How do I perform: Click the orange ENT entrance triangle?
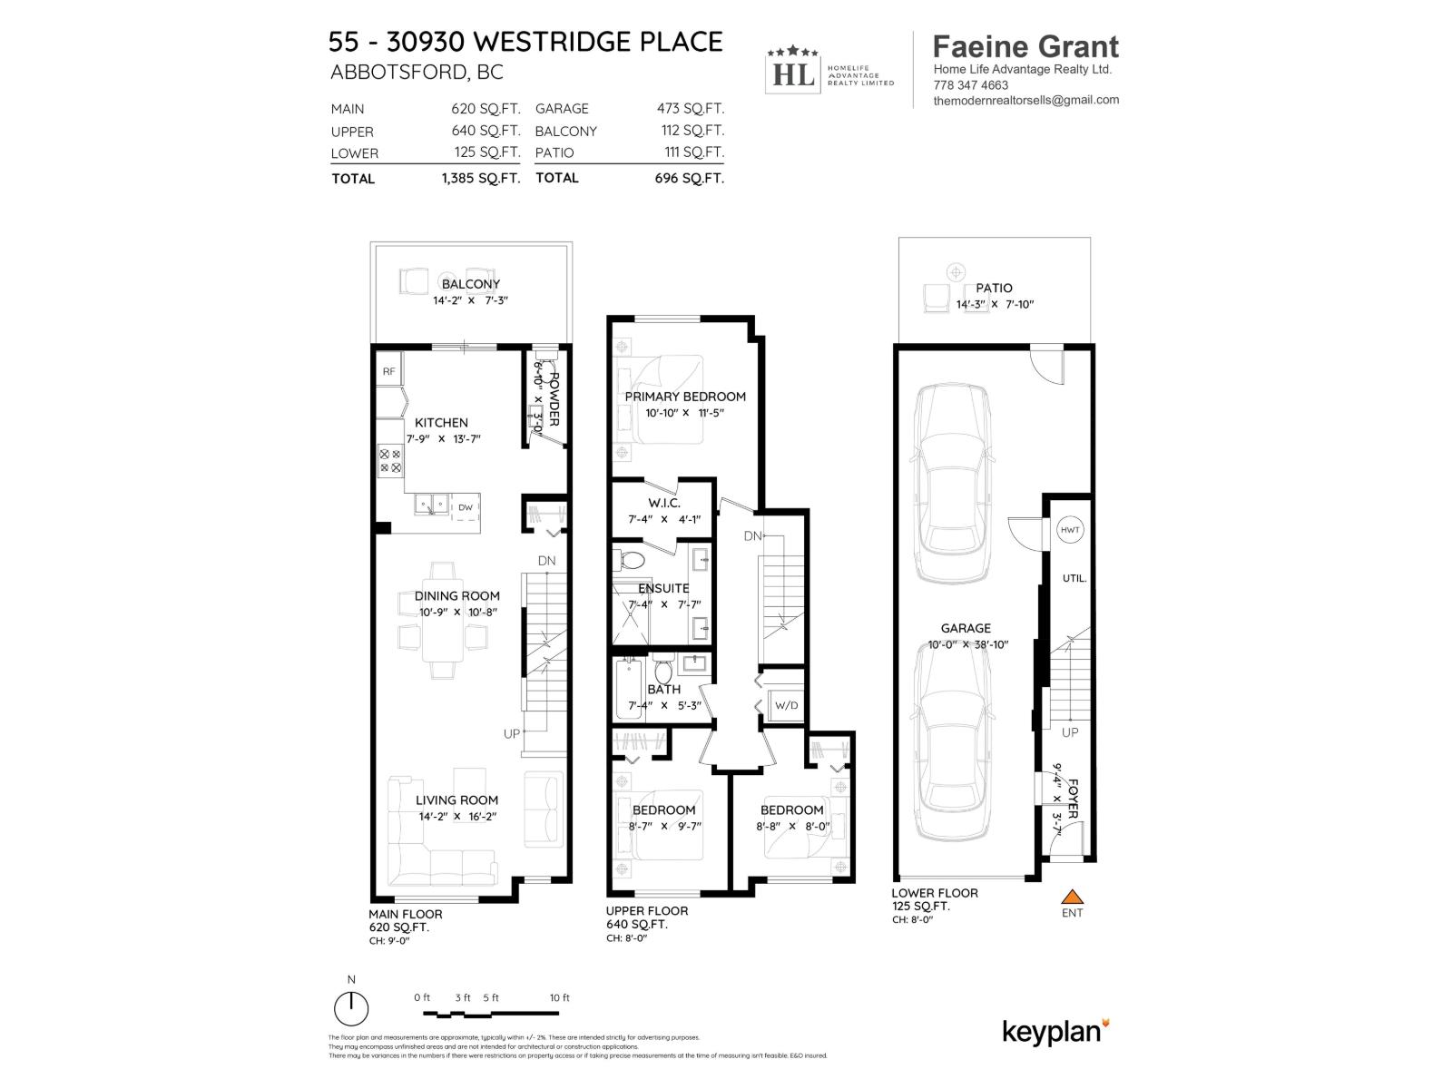coord(1073,897)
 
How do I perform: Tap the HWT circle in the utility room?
coord(1069,530)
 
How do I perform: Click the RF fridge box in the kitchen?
coord(388,371)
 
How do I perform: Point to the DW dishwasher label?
coord(466,507)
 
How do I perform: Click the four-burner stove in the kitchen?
coord(390,460)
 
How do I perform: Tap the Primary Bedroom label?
coord(685,397)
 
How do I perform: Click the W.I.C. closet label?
coord(664,503)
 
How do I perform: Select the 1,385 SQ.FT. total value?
coord(480,178)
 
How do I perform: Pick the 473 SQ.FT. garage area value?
coord(690,108)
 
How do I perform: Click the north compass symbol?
coord(351,1008)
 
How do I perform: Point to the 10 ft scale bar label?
coord(560,997)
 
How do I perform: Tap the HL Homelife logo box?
coord(791,71)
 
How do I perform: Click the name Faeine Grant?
coord(1025,47)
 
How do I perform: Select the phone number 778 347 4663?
coord(970,85)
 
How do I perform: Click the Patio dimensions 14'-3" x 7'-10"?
coord(995,305)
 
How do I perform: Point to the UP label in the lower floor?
coord(1070,731)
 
